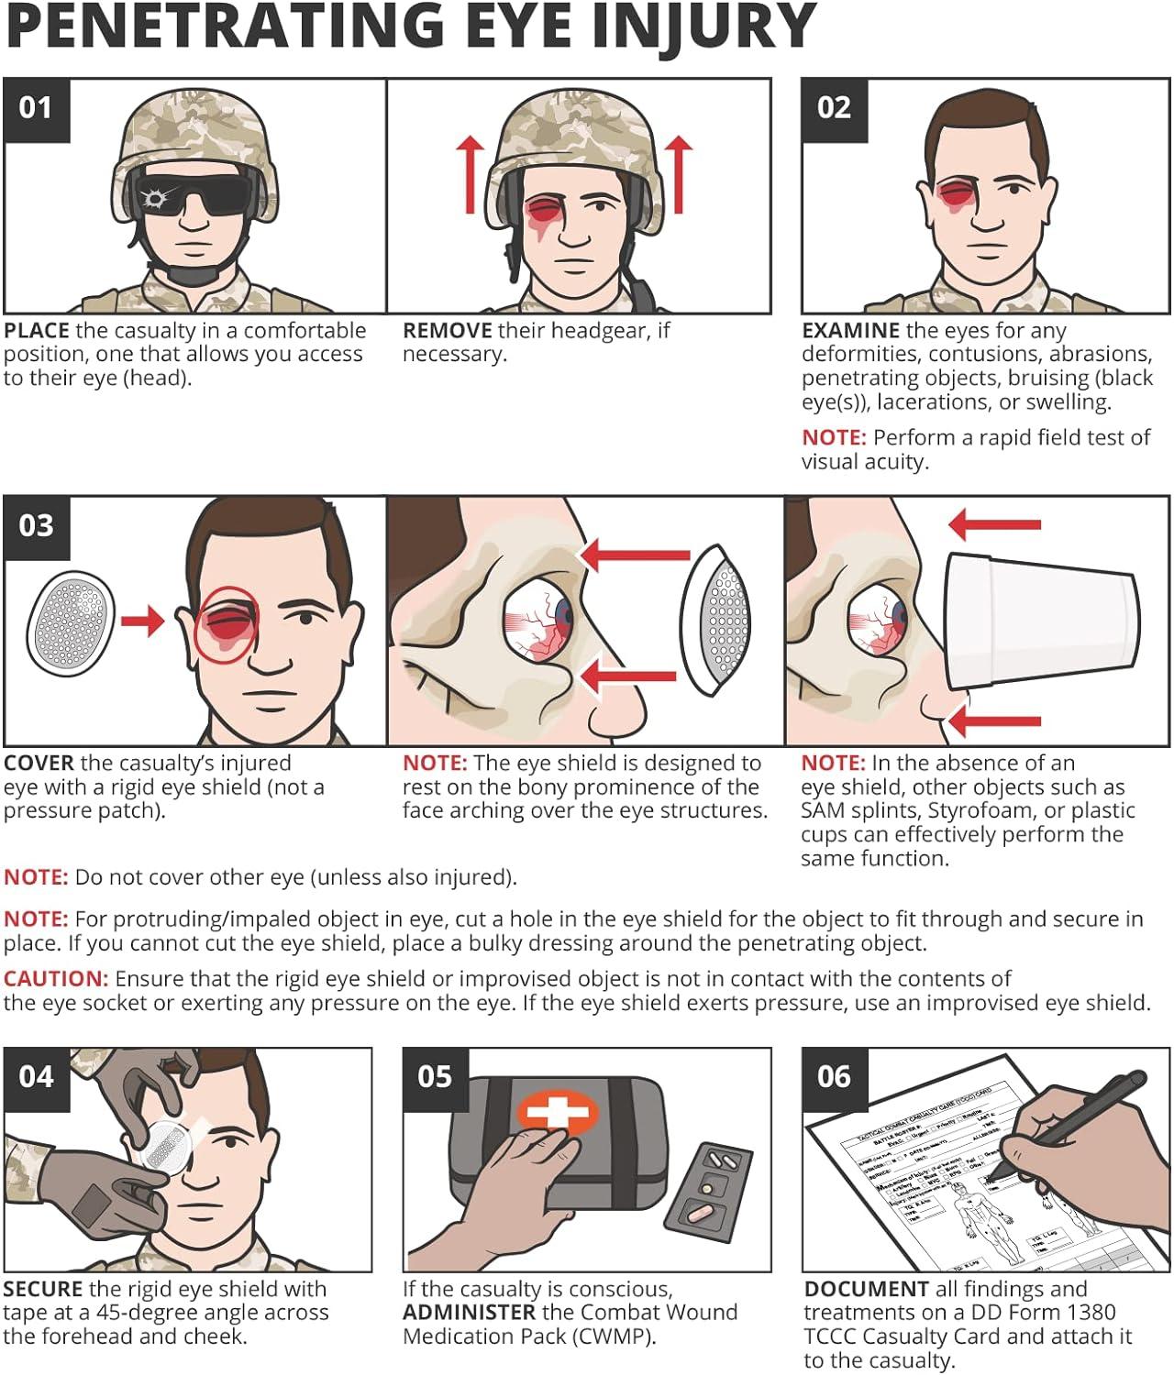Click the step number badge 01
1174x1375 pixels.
37,109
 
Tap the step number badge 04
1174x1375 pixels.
37,1077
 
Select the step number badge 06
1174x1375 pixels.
834,1077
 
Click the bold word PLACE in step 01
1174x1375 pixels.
37,331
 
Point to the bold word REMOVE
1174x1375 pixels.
447,331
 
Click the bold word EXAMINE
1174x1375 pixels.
850,331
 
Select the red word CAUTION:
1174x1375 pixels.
56,978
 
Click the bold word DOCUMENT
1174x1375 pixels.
866,1289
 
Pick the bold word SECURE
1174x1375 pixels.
43,1289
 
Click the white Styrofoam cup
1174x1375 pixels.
1041,619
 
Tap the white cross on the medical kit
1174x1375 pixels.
558,1113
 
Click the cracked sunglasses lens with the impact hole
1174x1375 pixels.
154,197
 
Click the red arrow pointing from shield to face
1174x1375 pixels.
143,621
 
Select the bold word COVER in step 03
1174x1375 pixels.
39,764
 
